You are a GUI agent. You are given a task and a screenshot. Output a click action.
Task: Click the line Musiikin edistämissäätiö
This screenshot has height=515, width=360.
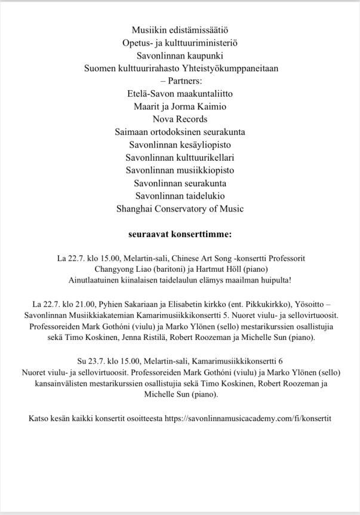pos(180,29)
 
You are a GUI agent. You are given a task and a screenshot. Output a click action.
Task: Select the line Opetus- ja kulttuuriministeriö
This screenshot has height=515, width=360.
pos(180,42)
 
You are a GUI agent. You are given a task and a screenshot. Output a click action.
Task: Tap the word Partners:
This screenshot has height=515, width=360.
pos(183,81)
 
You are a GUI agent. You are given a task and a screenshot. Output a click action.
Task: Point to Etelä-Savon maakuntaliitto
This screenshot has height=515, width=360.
pos(180,94)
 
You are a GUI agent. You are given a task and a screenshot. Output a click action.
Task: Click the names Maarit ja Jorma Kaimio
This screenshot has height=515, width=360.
pos(180,108)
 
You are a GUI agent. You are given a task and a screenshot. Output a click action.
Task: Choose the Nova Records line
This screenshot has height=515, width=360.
pos(180,120)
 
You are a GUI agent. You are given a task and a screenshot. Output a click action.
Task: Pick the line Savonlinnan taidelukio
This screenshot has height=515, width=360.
pos(180,197)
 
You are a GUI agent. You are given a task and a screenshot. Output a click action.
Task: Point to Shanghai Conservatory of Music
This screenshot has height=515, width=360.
pos(180,210)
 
